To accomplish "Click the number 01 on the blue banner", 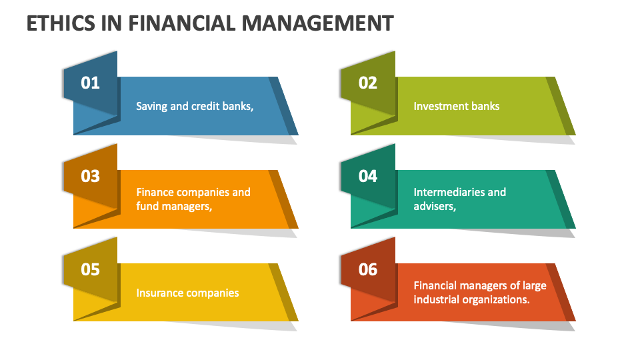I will coord(90,83).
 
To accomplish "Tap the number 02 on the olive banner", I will coord(367,83).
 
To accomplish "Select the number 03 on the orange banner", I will coord(90,176).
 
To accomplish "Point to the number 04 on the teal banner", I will coord(367,176).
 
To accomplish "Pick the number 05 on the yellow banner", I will coord(90,269).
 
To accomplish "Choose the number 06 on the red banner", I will coord(367,269).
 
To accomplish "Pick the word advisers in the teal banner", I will coord(434,207).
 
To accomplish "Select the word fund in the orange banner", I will coord(148,207).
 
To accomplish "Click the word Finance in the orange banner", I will coord(156,192).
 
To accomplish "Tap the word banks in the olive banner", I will coord(486,106).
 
